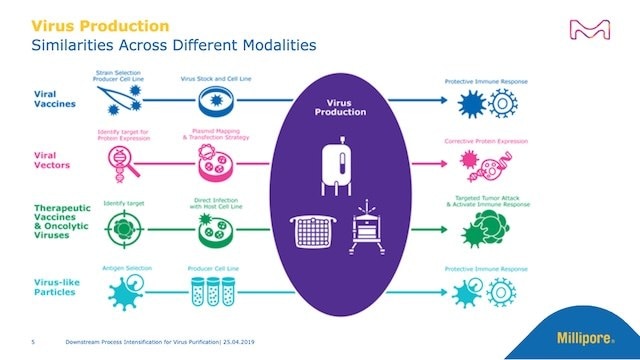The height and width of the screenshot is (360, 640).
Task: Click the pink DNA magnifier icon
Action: [124, 160]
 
